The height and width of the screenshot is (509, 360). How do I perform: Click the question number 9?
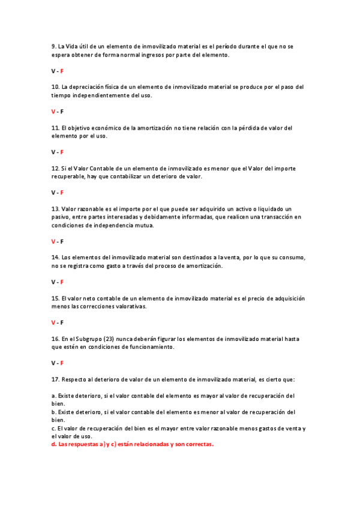(x=53, y=46)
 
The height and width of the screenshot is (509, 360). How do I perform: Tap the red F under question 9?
(x=62, y=71)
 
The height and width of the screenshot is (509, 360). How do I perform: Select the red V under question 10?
(x=53, y=112)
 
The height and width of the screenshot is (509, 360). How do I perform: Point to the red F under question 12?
(x=62, y=193)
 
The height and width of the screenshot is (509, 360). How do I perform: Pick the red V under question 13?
(x=53, y=241)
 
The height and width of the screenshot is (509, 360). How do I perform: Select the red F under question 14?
(x=62, y=282)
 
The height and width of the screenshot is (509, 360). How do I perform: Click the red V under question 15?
(x=53, y=322)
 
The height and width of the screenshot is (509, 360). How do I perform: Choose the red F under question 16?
(x=62, y=363)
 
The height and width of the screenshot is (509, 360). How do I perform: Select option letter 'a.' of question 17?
(x=53, y=396)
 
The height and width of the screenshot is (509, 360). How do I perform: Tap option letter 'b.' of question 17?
(x=53, y=412)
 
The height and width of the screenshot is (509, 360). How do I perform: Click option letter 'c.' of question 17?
(x=53, y=428)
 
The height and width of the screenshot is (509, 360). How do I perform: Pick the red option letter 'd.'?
(x=54, y=444)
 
